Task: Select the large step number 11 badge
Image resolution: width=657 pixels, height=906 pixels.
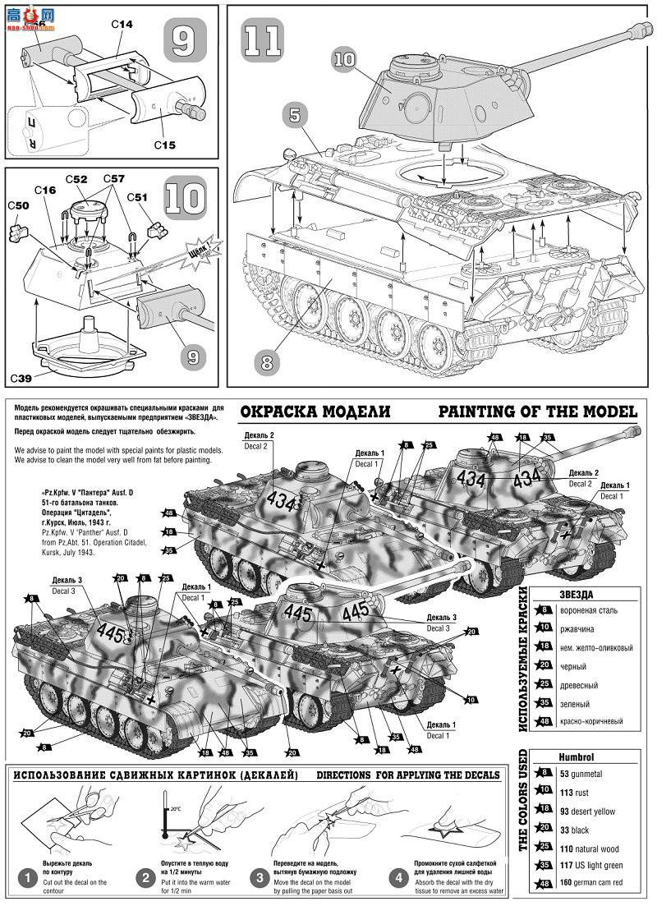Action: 262,39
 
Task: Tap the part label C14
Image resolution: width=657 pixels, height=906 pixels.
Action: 122,25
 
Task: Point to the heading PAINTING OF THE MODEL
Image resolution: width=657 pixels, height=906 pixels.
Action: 537,412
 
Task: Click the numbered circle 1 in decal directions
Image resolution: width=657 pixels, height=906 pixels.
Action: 27,877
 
